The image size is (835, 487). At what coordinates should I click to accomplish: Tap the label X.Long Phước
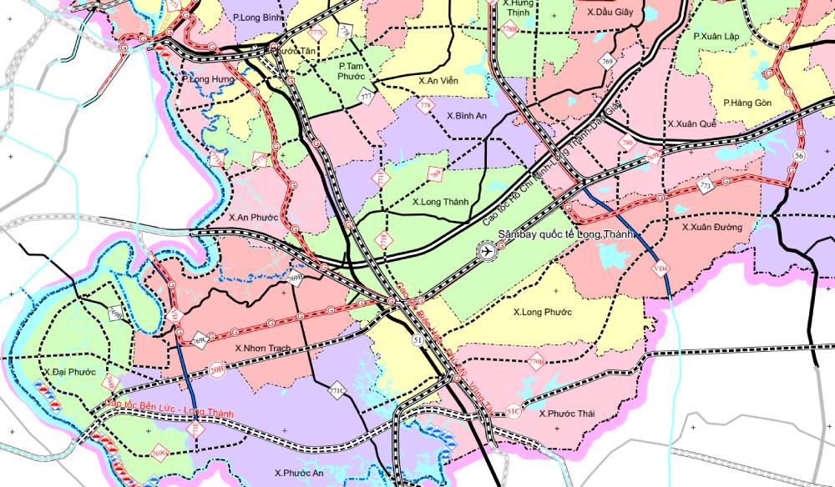pos(542,312)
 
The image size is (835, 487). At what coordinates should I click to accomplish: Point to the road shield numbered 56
pos(799,156)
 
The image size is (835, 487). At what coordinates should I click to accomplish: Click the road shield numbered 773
pos(706,186)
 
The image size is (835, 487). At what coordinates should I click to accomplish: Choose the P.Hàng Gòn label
pos(747,103)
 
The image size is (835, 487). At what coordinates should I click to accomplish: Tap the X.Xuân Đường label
pos(711,227)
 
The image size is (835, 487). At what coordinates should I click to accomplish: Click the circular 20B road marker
pos(216,369)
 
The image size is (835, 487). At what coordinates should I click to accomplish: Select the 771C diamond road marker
pos(337,389)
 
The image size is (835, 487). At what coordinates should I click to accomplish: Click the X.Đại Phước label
pos(68,371)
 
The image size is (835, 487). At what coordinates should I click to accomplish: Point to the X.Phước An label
pos(298,472)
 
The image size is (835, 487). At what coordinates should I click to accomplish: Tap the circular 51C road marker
pos(514,411)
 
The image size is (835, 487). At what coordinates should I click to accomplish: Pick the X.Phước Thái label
pos(566,414)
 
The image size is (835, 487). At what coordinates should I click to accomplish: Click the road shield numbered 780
pos(627,144)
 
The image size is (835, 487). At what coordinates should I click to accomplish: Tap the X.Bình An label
pos(467,116)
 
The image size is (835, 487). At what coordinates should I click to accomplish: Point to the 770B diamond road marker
pos(536,361)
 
